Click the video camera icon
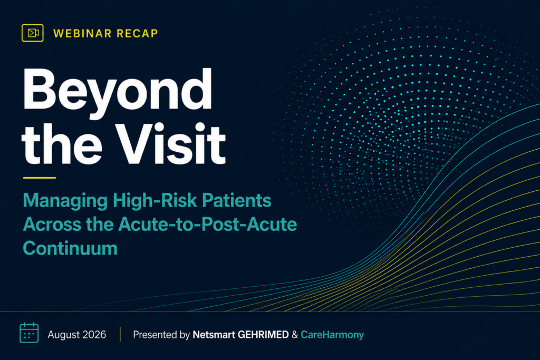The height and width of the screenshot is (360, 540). (x=32, y=33)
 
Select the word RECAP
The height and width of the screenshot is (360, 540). (x=137, y=33)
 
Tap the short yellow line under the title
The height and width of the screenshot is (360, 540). (x=39, y=178)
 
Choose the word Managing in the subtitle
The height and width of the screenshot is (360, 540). (x=65, y=201)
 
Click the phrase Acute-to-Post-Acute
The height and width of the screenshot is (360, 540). (x=208, y=224)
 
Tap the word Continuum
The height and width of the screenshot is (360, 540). (x=70, y=248)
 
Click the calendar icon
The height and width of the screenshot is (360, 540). (x=29, y=333)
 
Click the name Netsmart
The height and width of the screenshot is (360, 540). (x=214, y=335)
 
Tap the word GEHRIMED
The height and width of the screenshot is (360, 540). (x=263, y=335)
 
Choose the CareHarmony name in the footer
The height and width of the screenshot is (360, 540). (x=332, y=335)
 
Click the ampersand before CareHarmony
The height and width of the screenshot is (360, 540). (x=295, y=335)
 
